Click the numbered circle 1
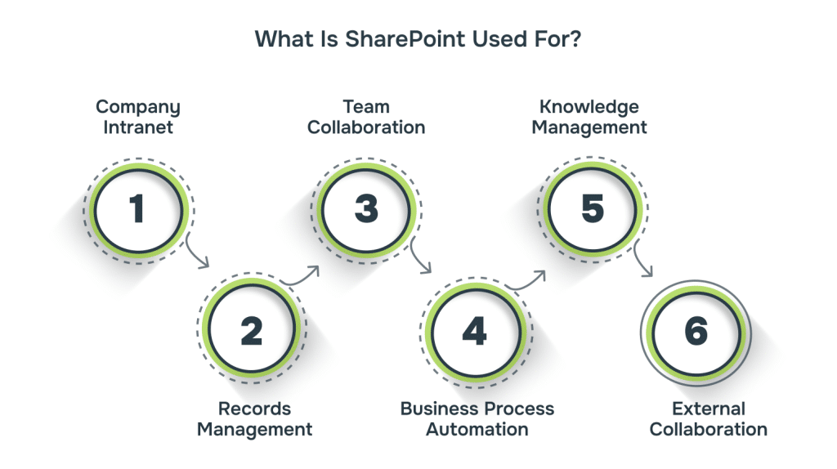[137, 209]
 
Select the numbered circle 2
[250, 331]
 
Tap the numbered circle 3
[366, 209]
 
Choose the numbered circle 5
[593, 209]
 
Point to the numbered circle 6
[696, 331]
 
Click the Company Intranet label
[137, 117]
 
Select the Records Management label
[254, 418]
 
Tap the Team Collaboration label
[366, 117]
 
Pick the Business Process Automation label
[477, 418]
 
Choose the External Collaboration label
[708, 418]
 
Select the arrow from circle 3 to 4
[422, 257]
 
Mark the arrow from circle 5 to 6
[644, 260]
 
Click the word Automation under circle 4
[477, 429]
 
